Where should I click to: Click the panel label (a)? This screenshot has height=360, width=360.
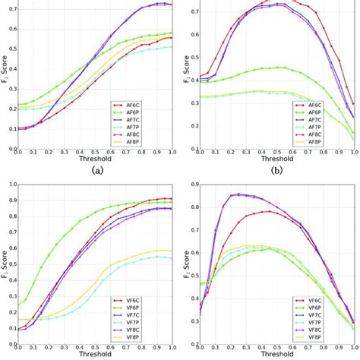click(98, 171)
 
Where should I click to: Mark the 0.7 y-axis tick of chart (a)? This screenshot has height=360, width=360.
click(9, 8)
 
